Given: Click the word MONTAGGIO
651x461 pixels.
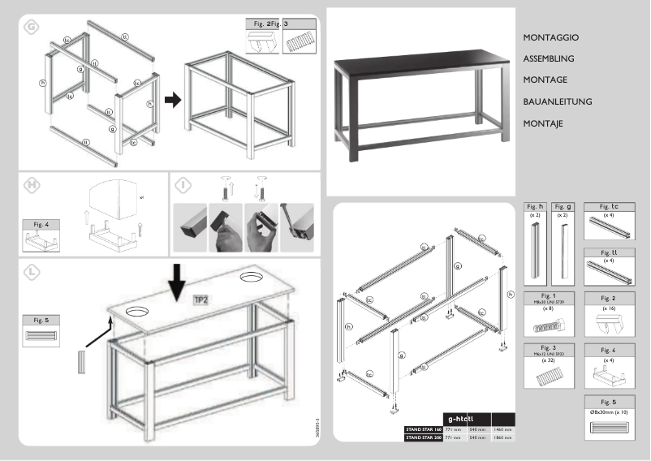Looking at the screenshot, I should click(551, 38).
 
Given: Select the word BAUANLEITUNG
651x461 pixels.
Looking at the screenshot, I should click(558, 102).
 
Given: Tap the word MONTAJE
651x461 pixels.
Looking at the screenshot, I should click(544, 124).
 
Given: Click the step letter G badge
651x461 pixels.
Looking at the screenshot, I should click(31, 27).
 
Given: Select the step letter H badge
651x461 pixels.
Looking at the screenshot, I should click(32, 185).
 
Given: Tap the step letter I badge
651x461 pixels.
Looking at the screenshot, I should click(183, 185).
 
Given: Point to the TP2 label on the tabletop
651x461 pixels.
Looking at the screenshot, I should click(201, 300).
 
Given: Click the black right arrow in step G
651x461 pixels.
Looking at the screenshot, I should click(172, 100).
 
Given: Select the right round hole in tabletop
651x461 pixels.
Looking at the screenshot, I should click(250, 279).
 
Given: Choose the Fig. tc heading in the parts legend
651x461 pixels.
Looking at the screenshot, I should click(609, 207).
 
